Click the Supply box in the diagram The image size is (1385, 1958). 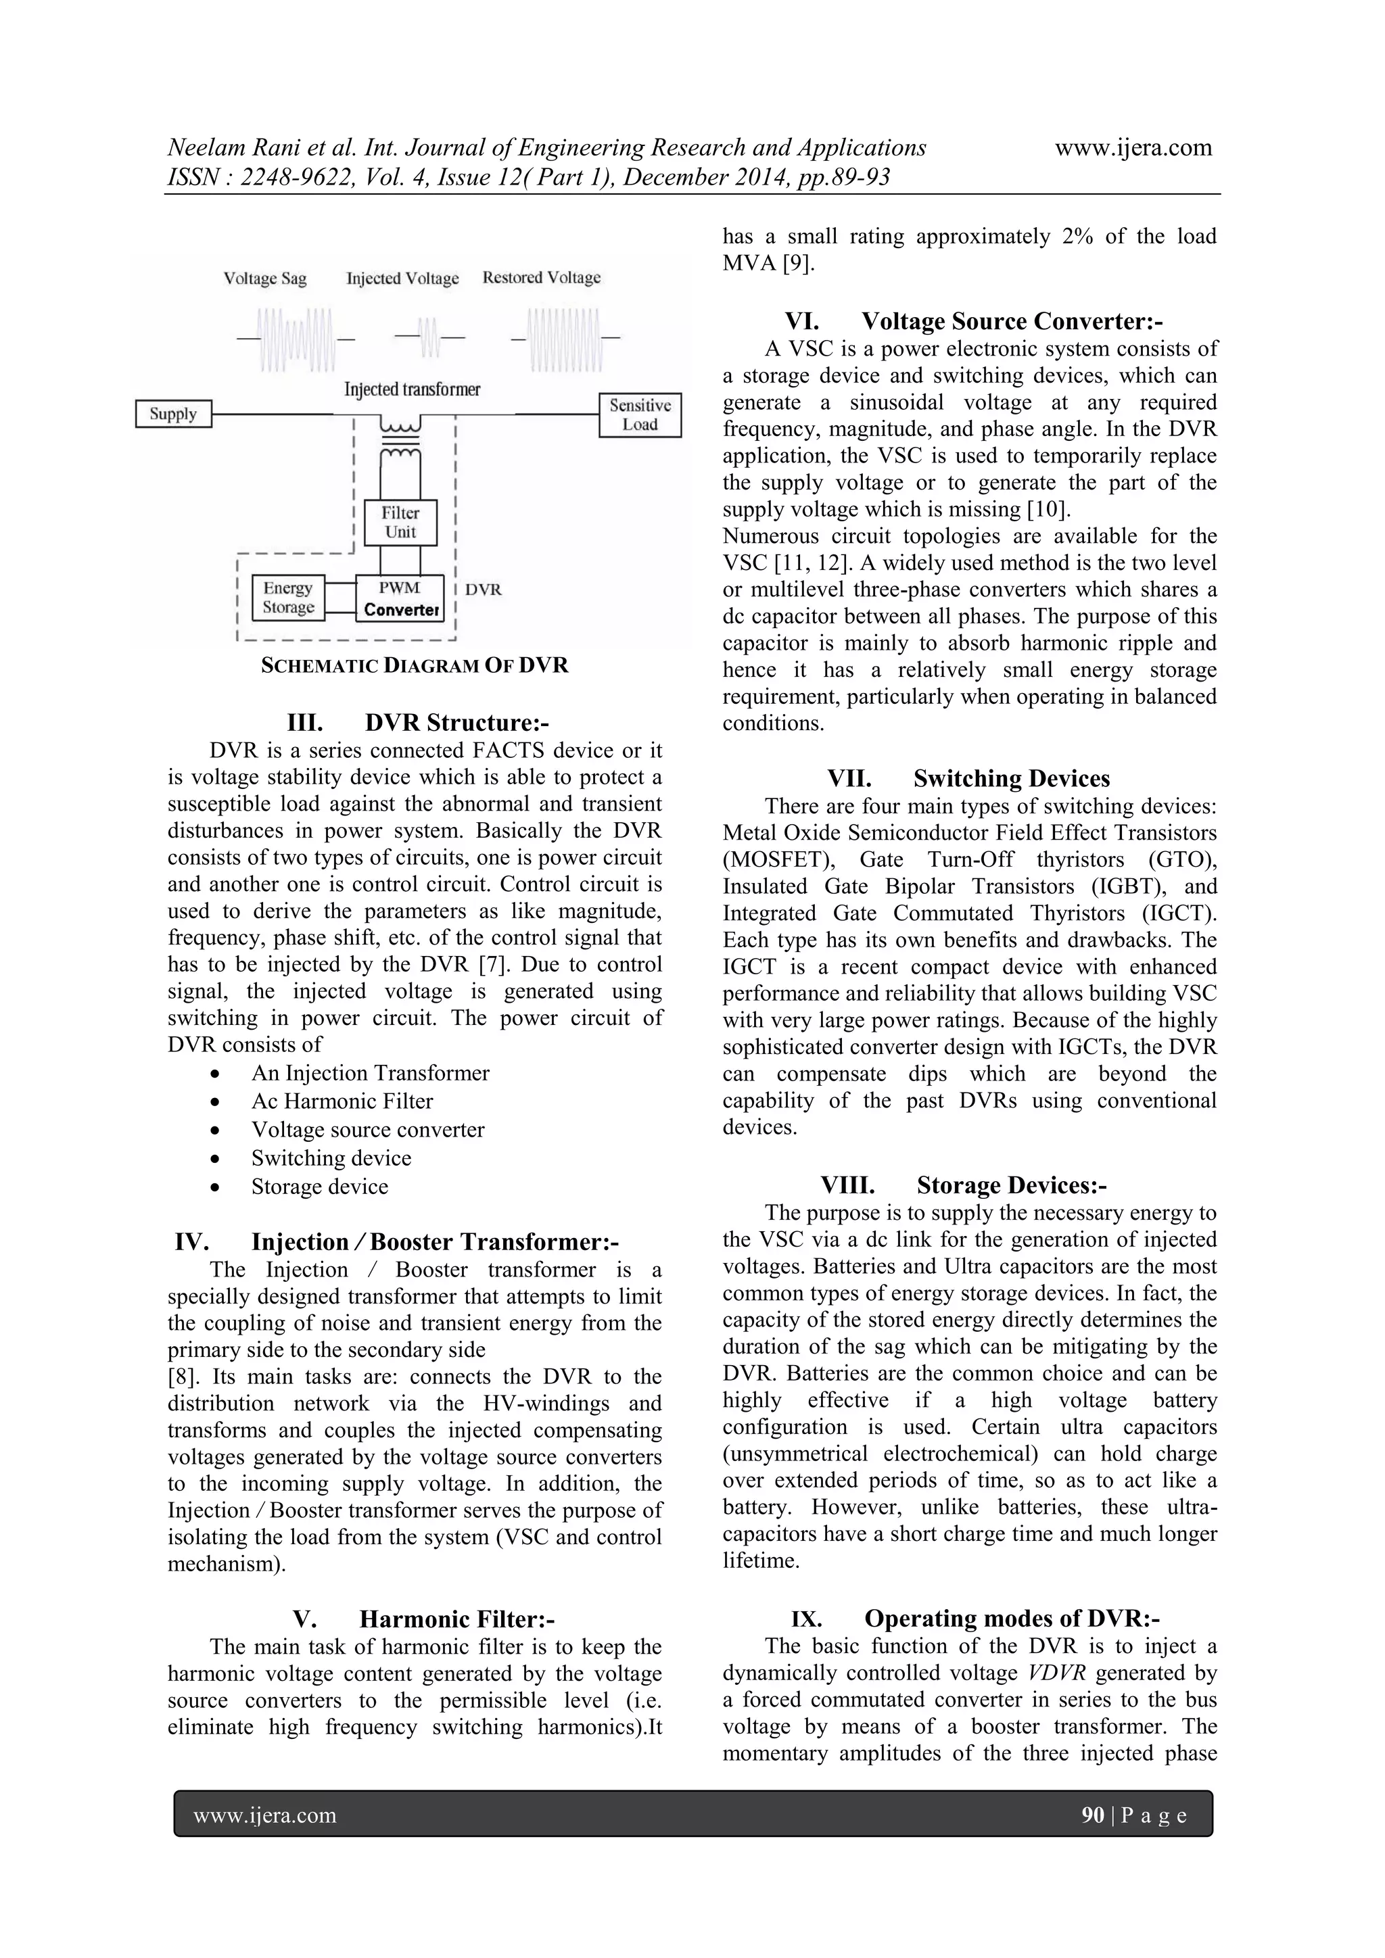[x=173, y=414]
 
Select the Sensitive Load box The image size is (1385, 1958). [x=640, y=415]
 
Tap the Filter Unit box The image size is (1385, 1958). [x=400, y=523]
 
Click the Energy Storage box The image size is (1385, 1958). [x=288, y=598]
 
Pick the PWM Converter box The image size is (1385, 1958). [x=400, y=598]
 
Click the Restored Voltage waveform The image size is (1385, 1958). [x=564, y=339]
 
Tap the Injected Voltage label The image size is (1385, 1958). [x=402, y=279]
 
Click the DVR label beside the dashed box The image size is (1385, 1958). [x=484, y=590]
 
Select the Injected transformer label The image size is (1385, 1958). [x=412, y=389]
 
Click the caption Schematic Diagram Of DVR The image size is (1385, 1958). [x=414, y=666]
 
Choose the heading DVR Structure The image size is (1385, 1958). [x=418, y=723]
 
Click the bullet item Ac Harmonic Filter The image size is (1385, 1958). [x=342, y=1102]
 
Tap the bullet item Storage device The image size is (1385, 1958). [x=320, y=1187]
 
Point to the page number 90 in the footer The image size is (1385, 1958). [x=1092, y=1815]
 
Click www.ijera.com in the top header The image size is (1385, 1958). [x=1133, y=147]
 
